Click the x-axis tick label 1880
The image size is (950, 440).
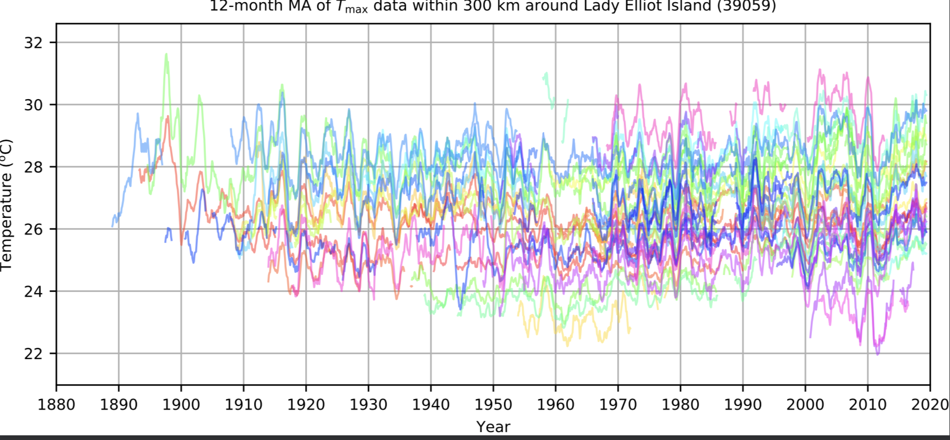(x=56, y=405)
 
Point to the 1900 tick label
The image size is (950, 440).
(x=181, y=405)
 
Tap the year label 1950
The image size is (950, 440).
(x=493, y=405)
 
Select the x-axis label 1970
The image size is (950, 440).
(x=618, y=405)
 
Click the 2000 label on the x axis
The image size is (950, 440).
(x=805, y=405)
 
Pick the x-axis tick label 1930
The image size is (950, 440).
(x=368, y=405)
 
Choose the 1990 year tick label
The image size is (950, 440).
(x=743, y=405)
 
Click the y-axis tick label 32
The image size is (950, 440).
(x=33, y=43)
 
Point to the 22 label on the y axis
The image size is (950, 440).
(x=33, y=354)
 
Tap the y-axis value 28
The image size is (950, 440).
(x=33, y=167)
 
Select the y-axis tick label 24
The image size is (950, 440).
(x=33, y=291)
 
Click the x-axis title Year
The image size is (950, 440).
(x=493, y=427)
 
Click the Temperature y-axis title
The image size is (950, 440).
(x=6, y=205)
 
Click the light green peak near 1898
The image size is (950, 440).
(x=167, y=54)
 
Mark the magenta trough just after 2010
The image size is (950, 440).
(x=878, y=353)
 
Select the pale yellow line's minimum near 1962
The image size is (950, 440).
(x=567, y=345)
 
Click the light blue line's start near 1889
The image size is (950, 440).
(x=112, y=226)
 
